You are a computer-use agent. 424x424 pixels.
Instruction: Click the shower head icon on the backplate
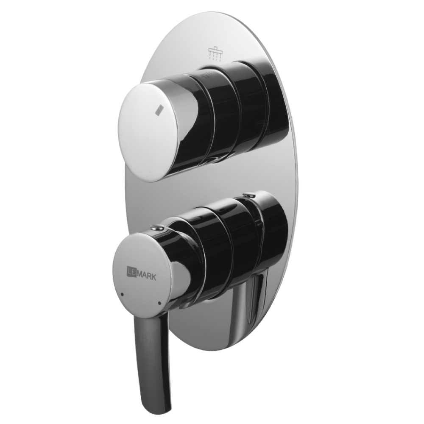tap(215, 53)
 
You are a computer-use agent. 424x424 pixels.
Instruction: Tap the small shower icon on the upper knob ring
tap(206, 75)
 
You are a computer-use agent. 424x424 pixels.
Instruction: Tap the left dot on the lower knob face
tap(123, 294)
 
